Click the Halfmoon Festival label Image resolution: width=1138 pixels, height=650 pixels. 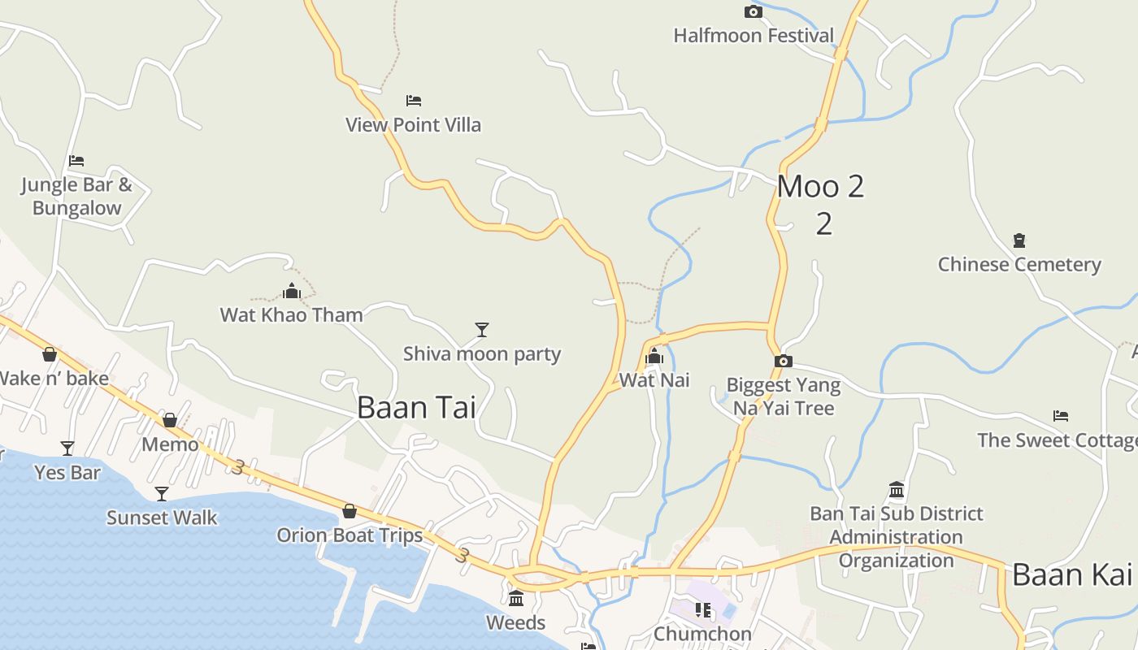754,36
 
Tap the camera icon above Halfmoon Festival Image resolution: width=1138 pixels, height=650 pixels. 754,11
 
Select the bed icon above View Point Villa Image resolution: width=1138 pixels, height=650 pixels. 414,101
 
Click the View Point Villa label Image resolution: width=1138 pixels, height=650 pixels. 413,125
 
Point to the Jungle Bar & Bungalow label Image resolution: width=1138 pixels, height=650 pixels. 76,196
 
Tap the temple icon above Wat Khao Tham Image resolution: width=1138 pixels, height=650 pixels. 292,291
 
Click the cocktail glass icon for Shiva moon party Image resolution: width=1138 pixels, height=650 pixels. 482,329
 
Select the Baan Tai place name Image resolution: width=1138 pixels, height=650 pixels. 416,407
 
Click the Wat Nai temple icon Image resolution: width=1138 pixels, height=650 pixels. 654,356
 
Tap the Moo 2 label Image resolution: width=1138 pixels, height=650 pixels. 820,187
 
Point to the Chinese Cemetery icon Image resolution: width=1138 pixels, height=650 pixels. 1019,240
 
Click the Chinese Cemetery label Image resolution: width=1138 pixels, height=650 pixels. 1019,265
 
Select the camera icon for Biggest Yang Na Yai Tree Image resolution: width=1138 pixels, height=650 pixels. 784,362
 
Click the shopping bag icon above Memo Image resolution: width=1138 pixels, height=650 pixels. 170,420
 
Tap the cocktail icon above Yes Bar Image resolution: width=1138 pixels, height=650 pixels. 67,448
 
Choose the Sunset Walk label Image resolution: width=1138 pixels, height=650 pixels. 162,518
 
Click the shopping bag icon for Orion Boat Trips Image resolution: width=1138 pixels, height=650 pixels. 350,511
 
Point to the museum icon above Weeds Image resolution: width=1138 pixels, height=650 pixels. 516,599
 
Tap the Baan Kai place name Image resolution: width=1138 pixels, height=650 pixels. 1071,575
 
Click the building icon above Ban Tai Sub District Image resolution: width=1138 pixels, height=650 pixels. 897,489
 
